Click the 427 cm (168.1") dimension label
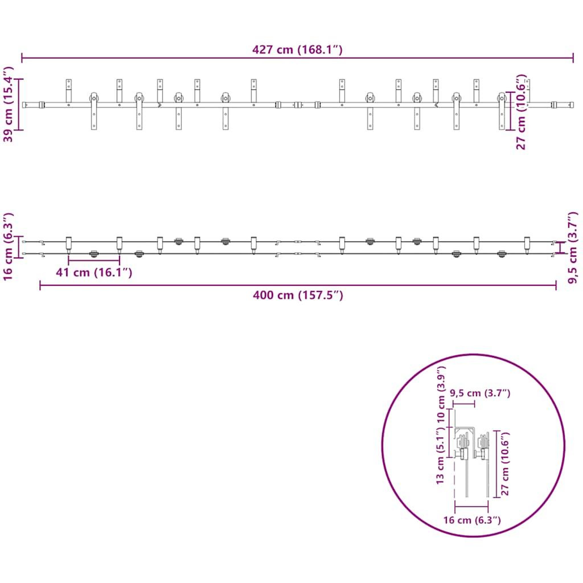click(297, 50)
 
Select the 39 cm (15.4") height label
click(9, 104)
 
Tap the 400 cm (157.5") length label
click(298, 295)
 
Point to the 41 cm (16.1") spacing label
click(94, 272)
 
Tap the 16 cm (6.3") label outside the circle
click(9, 247)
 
